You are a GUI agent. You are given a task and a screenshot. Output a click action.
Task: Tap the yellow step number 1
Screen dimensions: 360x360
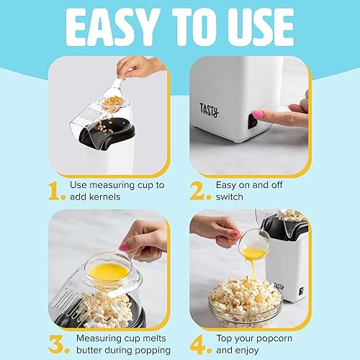(x=57, y=191)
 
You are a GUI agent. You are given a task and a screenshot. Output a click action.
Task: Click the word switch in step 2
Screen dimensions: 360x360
(x=231, y=197)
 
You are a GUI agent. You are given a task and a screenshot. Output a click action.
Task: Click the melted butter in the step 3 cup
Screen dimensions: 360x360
(x=107, y=271)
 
